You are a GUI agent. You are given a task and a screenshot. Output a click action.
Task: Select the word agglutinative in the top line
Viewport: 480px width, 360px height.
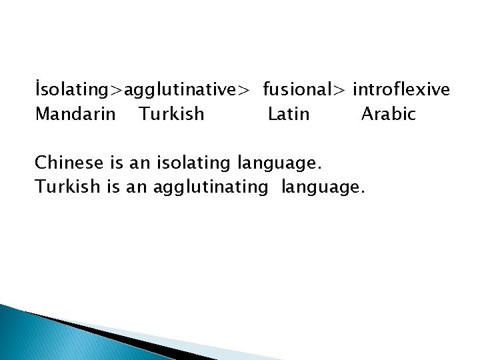coord(182,89)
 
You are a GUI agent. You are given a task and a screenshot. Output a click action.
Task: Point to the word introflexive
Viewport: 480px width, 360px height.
coord(401,89)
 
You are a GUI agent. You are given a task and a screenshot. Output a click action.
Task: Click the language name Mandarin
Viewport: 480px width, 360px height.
coord(75,114)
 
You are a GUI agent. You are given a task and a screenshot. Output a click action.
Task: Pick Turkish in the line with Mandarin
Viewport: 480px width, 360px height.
coord(171,114)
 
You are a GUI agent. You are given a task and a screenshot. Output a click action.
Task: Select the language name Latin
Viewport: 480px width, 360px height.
coord(289,114)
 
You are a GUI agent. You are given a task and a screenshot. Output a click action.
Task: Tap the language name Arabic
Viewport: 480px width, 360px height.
coord(388,114)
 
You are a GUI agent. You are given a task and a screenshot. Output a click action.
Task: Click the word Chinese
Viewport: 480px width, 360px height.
coord(68,163)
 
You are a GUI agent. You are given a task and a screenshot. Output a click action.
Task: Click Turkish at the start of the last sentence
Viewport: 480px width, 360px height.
coord(68,187)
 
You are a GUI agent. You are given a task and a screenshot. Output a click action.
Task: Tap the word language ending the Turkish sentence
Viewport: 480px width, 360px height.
coord(323,187)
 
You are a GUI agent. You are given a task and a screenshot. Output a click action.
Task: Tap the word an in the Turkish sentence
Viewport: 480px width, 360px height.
coord(136,187)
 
